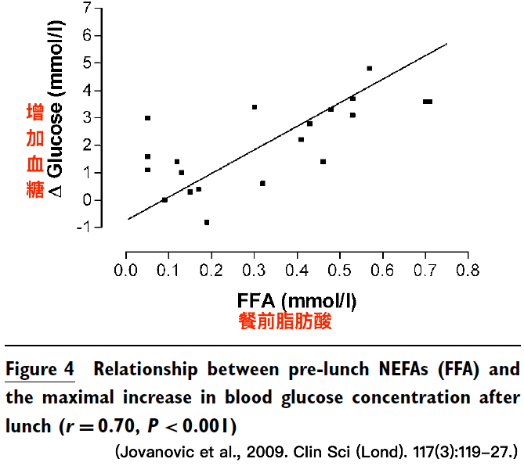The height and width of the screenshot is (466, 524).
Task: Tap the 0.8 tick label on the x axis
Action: (x=468, y=271)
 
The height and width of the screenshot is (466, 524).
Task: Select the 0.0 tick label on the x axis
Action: (x=126, y=271)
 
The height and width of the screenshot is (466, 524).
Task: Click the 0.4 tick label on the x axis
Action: (x=297, y=271)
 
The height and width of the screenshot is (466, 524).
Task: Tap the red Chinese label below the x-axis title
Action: (x=284, y=322)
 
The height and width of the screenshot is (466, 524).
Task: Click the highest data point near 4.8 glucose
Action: (x=370, y=68)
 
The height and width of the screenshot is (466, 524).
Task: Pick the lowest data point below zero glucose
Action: (x=207, y=222)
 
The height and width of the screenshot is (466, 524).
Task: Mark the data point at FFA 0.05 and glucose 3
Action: (x=147, y=118)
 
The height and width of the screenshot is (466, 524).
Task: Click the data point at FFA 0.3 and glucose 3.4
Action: (x=255, y=107)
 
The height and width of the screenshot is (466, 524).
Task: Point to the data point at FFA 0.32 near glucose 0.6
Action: (x=262, y=184)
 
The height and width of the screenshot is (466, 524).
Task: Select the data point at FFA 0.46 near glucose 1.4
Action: (x=323, y=162)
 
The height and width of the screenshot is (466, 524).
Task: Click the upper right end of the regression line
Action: (x=446, y=44)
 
